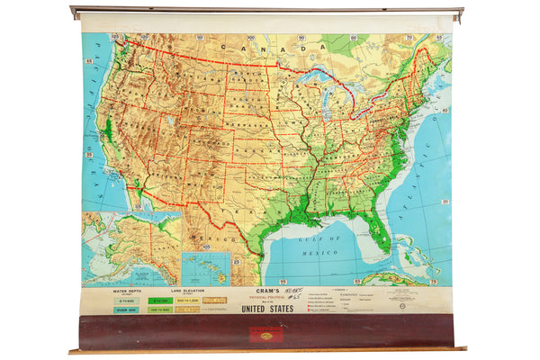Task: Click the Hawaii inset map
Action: tap(205, 268)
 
